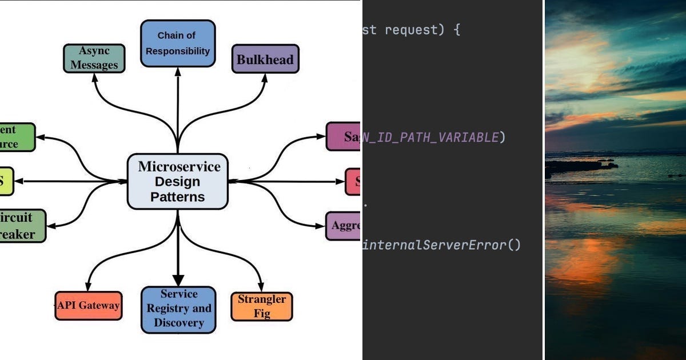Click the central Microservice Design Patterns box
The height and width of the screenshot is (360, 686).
(177, 182)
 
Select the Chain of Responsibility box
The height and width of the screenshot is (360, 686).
(177, 43)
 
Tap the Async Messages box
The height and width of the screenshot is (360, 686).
(94, 58)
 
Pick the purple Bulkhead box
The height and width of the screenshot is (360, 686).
(265, 59)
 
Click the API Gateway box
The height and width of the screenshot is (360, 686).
(89, 305)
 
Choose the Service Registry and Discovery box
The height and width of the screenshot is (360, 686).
(178, 309)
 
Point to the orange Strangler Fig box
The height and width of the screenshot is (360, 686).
(261, 306)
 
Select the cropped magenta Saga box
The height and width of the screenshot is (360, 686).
(343, 137)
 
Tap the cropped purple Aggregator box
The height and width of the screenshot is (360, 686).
(343, 226)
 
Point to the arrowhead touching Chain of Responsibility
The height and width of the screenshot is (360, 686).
(178, 71)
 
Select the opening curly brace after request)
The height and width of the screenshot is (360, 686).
(456, 30)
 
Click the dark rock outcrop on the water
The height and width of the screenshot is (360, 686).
(577, 167)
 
